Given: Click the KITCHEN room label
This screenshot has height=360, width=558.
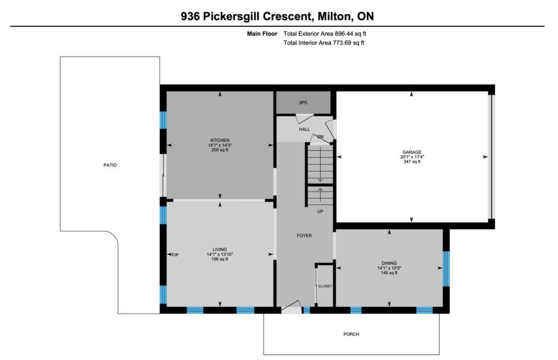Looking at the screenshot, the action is (x=220, y=140).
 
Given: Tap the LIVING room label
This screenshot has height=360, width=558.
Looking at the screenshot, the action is (x=220, y=249).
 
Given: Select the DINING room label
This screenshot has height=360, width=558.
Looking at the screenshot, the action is (x=389, y=263).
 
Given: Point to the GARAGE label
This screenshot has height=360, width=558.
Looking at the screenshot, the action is (x=412, y=152).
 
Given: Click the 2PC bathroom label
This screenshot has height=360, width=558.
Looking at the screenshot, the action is (x=303, y=102).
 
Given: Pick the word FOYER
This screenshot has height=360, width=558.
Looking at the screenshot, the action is (x=304, y=235).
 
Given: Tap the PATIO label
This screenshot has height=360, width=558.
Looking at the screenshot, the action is (x=110, y=165).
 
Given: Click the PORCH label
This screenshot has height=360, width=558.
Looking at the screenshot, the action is (x=351, y=334).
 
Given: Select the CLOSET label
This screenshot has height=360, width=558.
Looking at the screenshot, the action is (x=325, y=286).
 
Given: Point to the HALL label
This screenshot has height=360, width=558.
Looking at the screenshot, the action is (x=304, y=129).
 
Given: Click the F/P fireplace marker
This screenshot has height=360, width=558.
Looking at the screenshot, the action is (x=175, y=255).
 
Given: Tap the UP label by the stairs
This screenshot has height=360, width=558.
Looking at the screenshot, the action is (x=320, y=211).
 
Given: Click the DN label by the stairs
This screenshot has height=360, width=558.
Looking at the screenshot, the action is (x=320, y=137).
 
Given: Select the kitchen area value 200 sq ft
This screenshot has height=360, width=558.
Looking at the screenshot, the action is (x=220, y=150).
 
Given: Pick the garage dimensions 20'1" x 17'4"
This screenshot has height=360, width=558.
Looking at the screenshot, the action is (x=412, y=156).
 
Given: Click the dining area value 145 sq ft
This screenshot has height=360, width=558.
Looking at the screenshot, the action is (x=389, y=273).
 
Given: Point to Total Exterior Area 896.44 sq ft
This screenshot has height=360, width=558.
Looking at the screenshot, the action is (x=325, y=34).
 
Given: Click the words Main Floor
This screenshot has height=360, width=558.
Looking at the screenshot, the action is (x=262, y=34).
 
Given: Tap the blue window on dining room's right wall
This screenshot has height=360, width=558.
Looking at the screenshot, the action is (x=446, y=269).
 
